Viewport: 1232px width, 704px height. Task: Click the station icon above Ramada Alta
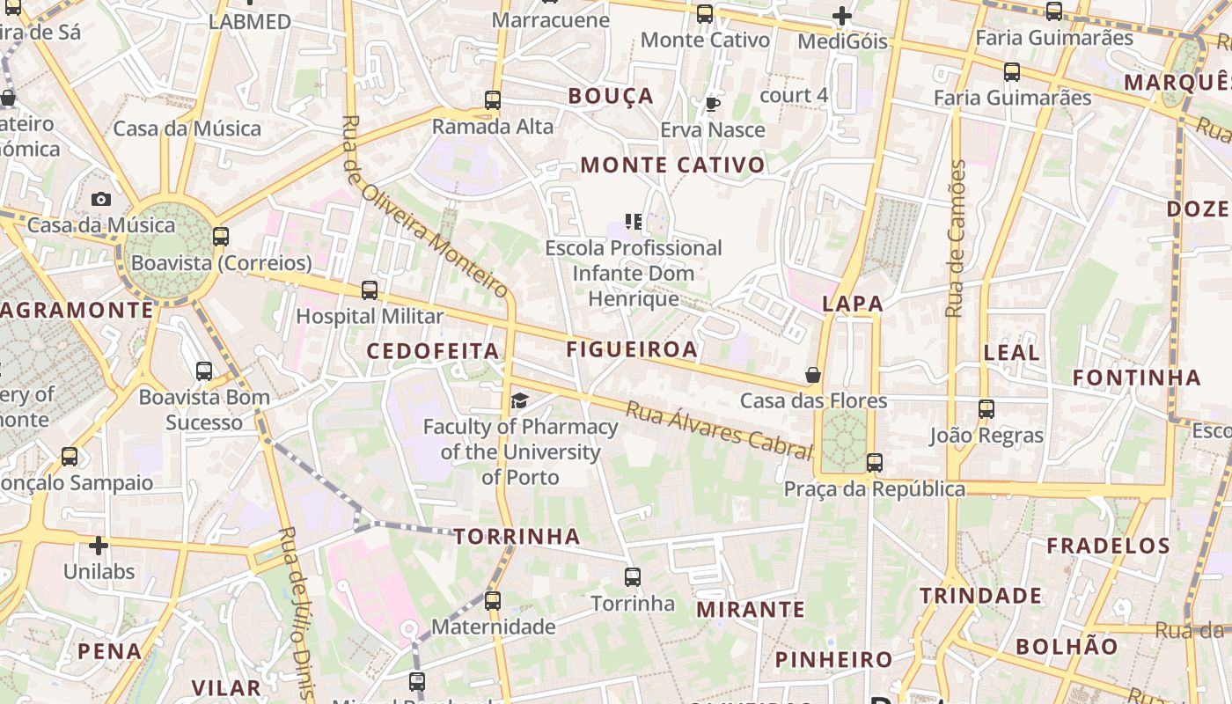(x=493, y=100)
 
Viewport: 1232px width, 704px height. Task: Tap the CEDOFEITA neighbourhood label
(x=433, y=351)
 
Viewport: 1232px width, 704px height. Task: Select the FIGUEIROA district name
(x=632, y=349)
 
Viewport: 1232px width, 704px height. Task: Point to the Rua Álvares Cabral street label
(x=718, y=430)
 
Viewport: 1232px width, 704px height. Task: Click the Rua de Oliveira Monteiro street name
(x=425, y=208)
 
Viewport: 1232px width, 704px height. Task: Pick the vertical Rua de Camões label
(x=957, y=238)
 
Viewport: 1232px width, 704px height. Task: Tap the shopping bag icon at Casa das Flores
(x=813, y=376)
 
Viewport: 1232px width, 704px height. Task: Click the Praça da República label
(x=875, y=489)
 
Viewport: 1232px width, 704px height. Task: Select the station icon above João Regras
(x=986, y=409)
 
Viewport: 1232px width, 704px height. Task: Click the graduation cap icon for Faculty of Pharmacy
(x=519, y=401)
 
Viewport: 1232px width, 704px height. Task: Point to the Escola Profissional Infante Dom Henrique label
(x=634, y=273)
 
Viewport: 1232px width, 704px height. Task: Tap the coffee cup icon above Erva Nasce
(x=713, y=105)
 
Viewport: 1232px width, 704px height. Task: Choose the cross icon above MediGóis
(x=842, y=16)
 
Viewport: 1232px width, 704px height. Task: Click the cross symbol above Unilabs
(x=99, y=546)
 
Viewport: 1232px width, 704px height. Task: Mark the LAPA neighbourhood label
(x=852, y=304)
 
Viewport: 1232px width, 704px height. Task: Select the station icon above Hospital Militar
(x=370, y=290)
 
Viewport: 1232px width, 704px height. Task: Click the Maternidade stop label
(x=493, y=627)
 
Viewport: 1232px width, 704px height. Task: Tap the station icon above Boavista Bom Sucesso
(x=204, y=371)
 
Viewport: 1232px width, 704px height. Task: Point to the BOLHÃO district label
(x=1066, y=646)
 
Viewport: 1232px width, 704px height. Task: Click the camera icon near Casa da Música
(x=101, y=200)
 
